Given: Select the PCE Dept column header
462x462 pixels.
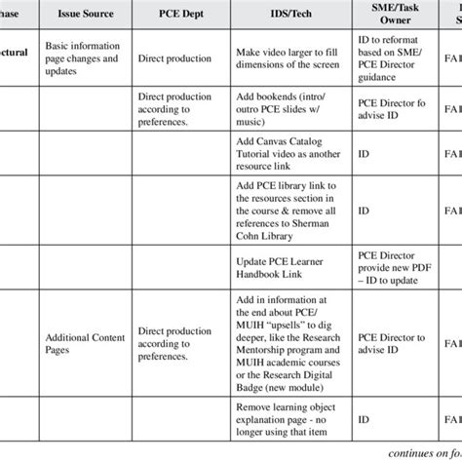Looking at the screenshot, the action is coord(178,18).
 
